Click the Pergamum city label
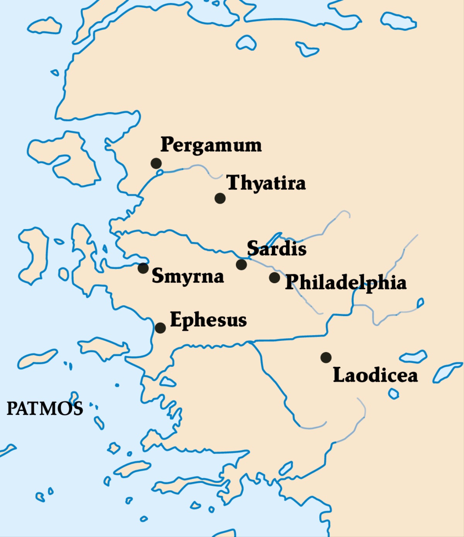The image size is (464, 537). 211,145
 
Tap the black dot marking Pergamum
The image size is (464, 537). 156,163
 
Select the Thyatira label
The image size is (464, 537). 266,183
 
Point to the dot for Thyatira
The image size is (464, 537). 220,198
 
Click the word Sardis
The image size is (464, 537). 276,248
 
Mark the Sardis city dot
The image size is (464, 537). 241,265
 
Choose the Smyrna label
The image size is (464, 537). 188,276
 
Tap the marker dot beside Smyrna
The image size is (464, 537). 143,268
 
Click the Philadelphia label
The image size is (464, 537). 346,282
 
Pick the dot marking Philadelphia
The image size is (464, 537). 275,277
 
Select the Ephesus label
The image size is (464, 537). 208,320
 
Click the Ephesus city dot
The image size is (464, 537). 160,328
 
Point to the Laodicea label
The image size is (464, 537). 375,375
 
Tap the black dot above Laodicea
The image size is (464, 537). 326,357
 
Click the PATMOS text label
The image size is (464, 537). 44,409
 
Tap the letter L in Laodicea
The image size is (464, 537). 339,375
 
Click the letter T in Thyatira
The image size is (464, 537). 233,182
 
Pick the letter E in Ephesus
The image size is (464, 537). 176,319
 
